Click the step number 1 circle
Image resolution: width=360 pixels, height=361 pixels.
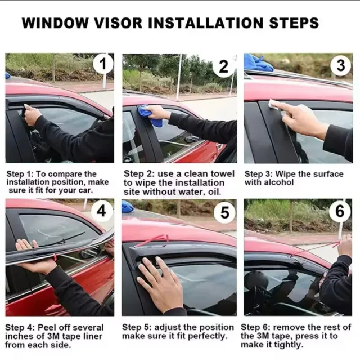point(103,64)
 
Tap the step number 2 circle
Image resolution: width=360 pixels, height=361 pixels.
point(223,67)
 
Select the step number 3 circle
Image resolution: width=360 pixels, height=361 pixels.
point(341,65)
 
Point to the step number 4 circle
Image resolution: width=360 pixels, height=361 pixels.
point(102,211)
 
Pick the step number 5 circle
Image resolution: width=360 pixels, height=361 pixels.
point(224,212)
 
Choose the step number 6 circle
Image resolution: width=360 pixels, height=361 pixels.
point(340,211)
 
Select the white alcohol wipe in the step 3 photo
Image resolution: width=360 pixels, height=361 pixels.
point(274,104)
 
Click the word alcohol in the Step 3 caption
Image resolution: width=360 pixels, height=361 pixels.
point(282,182)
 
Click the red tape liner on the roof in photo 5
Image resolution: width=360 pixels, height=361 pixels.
point(152,240)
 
